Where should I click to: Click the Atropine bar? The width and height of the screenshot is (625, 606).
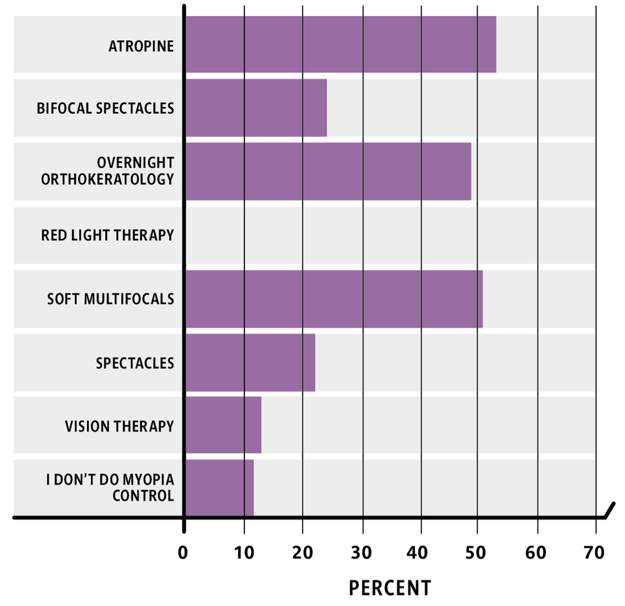(x=340, y=44)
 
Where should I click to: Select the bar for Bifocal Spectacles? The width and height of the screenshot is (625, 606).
(x=256, y=108)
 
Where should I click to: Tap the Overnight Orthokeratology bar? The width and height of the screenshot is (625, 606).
(x=328, y=171)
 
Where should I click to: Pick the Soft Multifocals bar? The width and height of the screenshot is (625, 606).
(x=334, y=299)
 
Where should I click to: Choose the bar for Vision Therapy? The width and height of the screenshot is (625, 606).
(x=223, y=425)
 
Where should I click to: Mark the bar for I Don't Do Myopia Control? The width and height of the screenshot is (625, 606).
(x=219, y=487)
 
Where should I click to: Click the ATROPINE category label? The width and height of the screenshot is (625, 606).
(x=141, y=46)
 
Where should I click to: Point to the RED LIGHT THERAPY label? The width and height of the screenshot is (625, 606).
(x=107, y=235)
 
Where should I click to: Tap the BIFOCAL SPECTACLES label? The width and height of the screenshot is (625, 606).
(x=105, y=108)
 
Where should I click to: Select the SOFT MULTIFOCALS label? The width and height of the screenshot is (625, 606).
(x=110, y=299)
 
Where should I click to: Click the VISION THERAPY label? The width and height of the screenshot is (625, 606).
(x=119, y=426)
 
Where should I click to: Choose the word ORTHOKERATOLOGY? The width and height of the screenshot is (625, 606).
(x=107, y=179)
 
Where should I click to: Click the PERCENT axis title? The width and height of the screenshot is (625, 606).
(x=390, y=588)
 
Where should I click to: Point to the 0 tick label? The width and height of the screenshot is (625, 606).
(x=183, y=553)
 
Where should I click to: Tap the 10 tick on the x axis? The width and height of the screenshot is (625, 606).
(x=244, y=553)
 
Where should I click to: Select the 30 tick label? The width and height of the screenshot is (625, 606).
(x=361, y=553)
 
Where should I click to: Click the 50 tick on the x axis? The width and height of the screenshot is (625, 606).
(x=476, y=553)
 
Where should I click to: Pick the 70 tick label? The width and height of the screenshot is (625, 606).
(x=594, y=553)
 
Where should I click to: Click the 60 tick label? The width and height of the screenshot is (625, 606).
(x=536, y=553)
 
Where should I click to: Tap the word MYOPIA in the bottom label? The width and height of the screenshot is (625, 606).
(x=148, y=480)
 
